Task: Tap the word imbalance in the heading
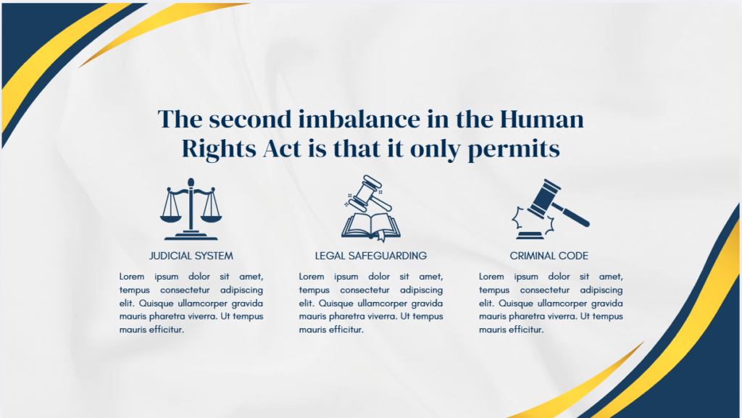click(x=357, y=119)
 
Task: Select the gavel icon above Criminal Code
click(x=551, y=209)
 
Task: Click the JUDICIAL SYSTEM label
click(x=191, y=256)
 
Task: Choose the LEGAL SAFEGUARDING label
click(x=370, y=256)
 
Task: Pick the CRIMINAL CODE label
click(x=549, y=256)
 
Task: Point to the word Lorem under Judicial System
click(x=133, y=277)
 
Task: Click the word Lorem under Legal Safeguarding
click(x=313, y=277)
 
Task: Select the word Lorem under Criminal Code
click(x=493, y=277)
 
